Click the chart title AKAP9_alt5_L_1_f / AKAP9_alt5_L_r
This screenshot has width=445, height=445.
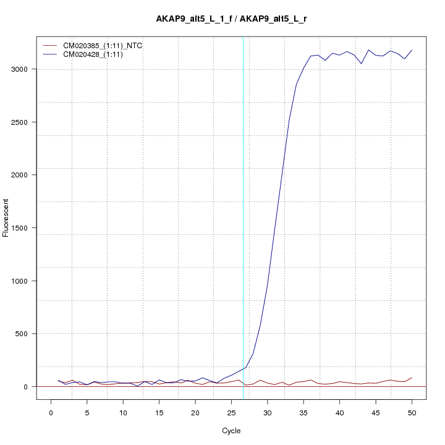pos(232,19)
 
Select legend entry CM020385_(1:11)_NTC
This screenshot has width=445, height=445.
pos(107,46)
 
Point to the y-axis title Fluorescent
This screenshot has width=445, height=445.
pos(7,218)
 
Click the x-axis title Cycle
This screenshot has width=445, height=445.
pos(231,431)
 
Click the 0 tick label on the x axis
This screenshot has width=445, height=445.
pos(51,412)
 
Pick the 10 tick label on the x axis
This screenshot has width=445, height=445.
pos(123,412)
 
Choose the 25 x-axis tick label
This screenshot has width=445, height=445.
pos(231,412)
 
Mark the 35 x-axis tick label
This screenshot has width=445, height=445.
pos(303,412)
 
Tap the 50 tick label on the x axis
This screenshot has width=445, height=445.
pos(412,412)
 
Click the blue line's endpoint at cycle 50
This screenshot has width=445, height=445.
pos(412,50)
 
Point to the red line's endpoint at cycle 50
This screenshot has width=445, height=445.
pos(412,378)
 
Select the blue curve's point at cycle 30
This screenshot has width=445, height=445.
pos(267,287)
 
